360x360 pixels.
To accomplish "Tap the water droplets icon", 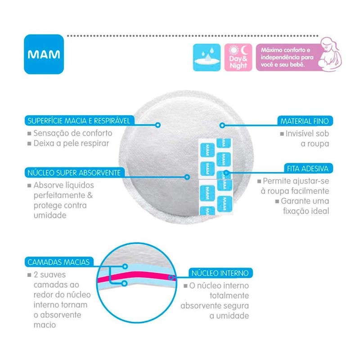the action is (x=207, y=57).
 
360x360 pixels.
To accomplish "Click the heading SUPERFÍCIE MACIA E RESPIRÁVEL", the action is (x=78, y=121).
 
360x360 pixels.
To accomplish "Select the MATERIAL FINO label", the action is (x=306, y=121).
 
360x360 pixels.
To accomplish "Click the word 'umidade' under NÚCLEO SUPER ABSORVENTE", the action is (x=50, y=215).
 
